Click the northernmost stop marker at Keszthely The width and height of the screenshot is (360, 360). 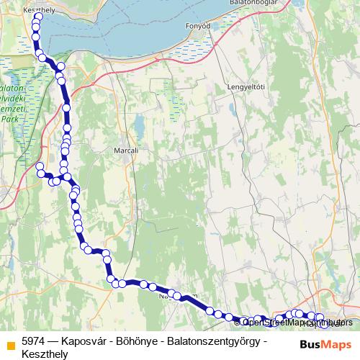tap(37, 15)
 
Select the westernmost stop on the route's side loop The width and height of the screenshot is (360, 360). tap(40, 167)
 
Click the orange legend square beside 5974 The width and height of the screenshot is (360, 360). tap(9, 341)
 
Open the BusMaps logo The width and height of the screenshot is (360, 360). tap(325, 344)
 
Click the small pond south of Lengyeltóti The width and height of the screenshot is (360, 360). tap(233, 109)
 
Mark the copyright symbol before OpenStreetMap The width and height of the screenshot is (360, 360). tap(237, 323)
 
